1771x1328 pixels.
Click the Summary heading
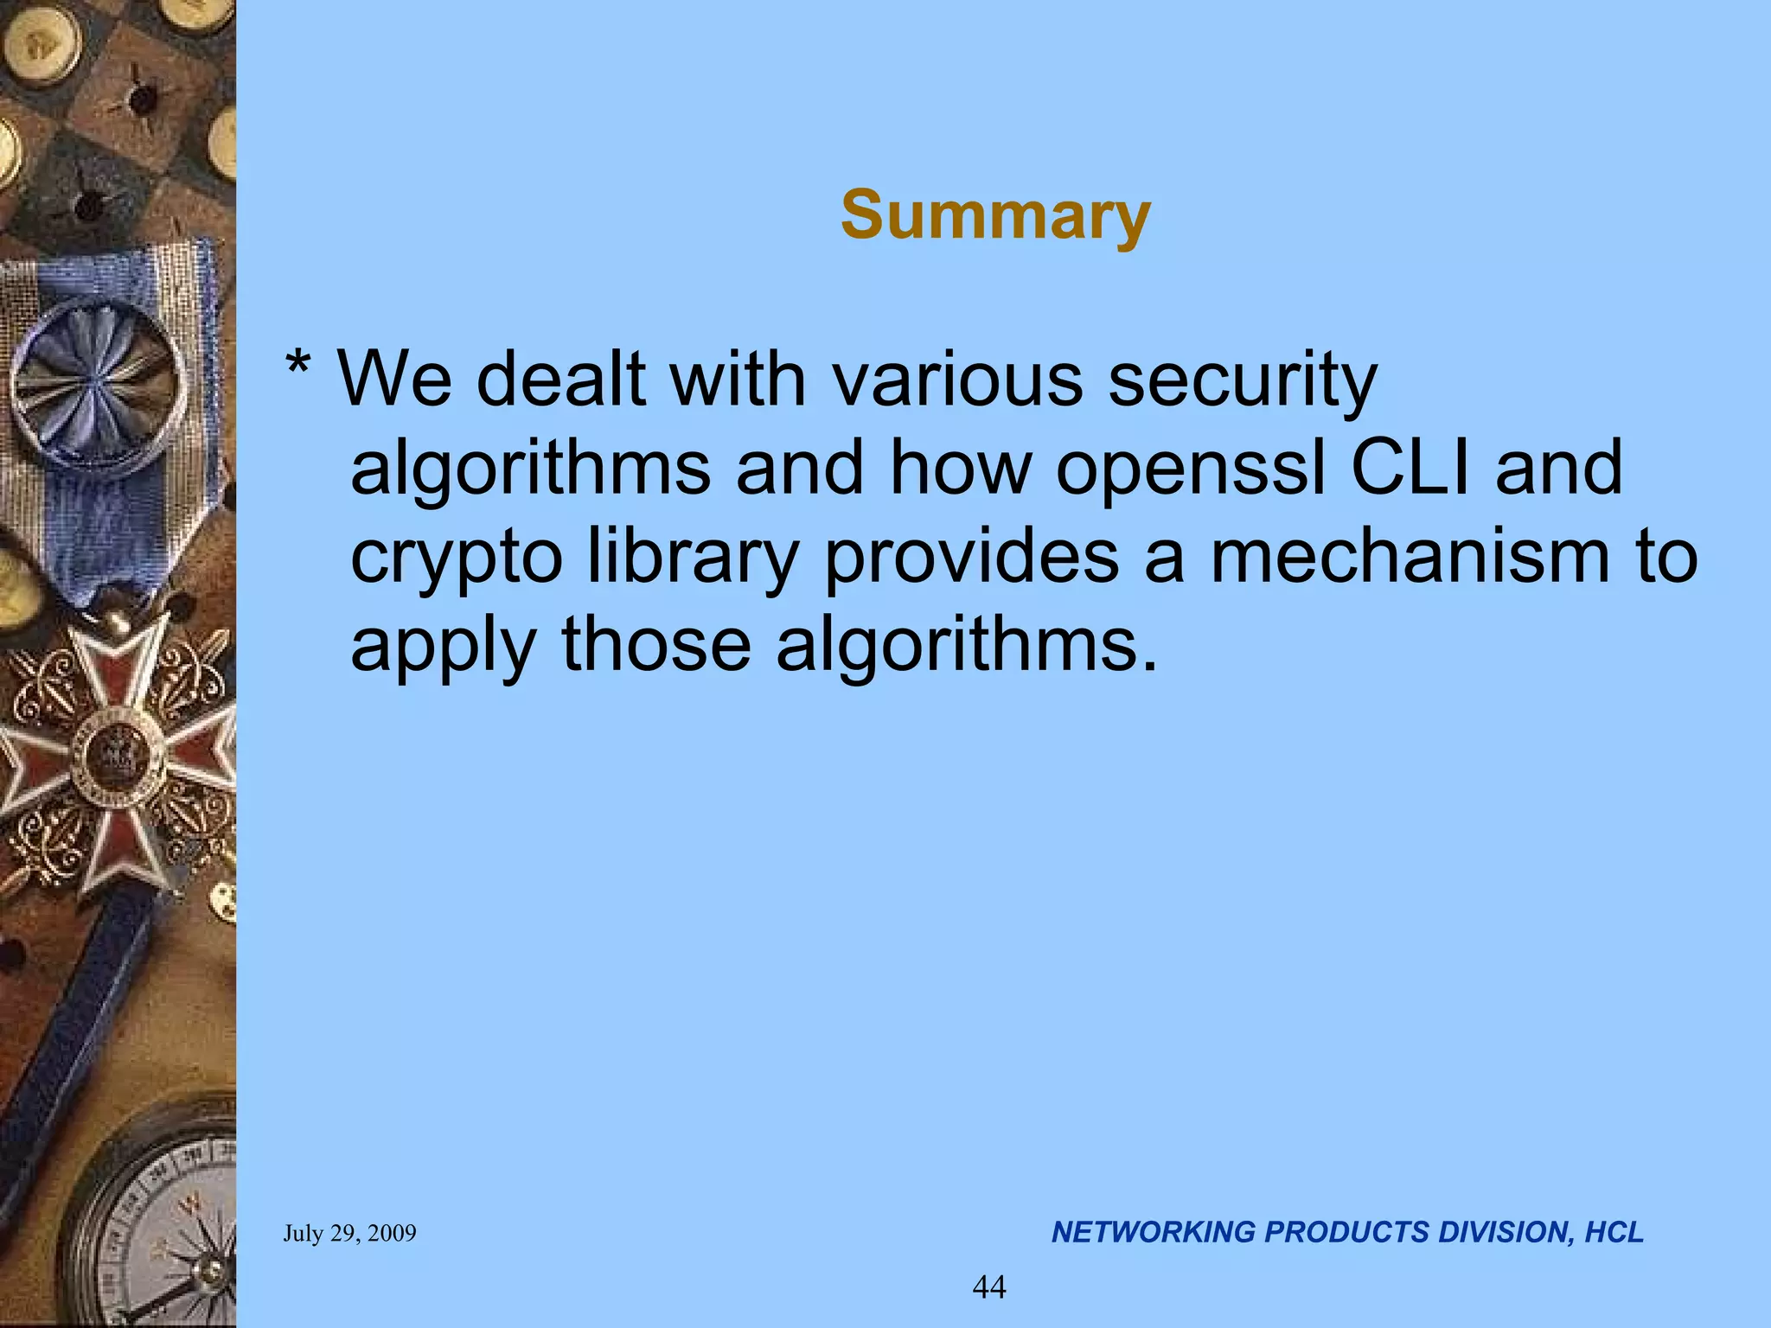pos(995,216)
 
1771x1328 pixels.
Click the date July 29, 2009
pos(349,1233)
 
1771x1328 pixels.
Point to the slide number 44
pos(989,1287)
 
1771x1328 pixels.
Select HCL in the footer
pos(1614,1232)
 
